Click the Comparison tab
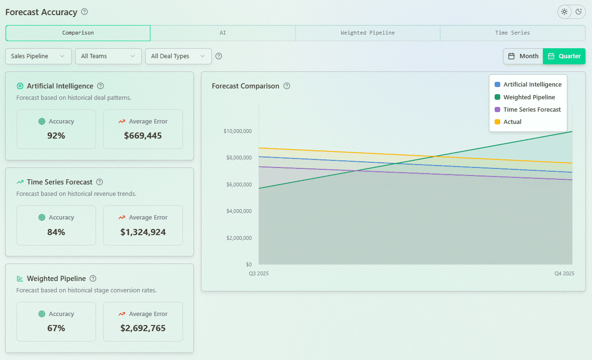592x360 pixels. tap(78, 33)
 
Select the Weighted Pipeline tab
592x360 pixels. tap(367, 33)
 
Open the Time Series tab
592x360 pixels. tap(513, 33)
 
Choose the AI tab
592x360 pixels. tap(223, 33)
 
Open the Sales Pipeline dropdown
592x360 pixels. tap(38, 56)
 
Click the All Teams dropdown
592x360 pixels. tap(108, 56)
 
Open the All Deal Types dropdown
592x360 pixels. tap(178, 56)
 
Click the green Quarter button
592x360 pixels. tap(564, 56)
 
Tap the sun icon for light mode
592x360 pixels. tap(564, 12)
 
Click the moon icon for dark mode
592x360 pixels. tap(578, 12)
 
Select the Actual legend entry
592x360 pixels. tap(512, 122)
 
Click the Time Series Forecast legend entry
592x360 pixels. tap(531, 110)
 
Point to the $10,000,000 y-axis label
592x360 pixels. tap(237, 131)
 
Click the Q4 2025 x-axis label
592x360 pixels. tap(564, 274)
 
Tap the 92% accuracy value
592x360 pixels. tap(56, 136)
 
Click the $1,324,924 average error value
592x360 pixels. tap(143, 232)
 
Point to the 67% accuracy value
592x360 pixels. tap(56, 328)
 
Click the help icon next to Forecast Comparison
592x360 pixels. tap(287, 86)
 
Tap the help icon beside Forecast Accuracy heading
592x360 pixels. tap(85, 12)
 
